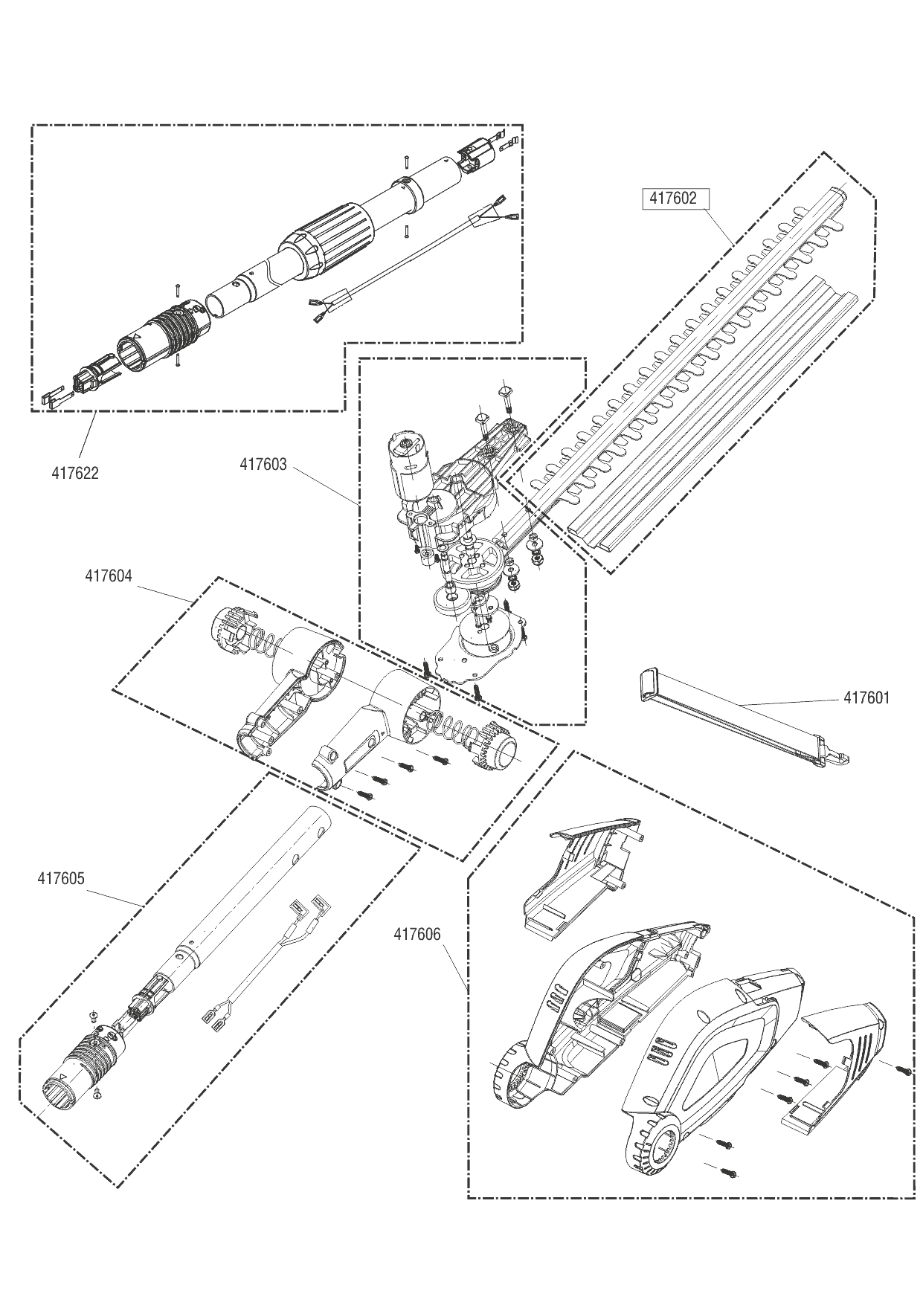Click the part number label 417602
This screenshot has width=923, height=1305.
coord(673,198)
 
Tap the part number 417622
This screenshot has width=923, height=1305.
coord(75,473)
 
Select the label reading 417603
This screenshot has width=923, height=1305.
coord(263,465)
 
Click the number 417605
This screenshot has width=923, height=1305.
coord(61,878)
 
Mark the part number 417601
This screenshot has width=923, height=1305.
coord(866,698)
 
